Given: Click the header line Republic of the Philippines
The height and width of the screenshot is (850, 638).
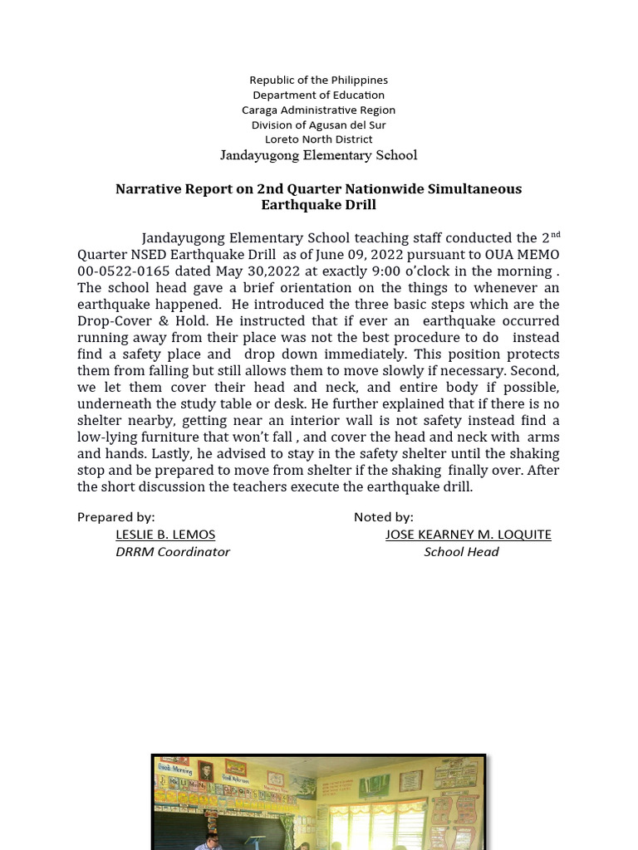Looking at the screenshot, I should [x=318, y=81].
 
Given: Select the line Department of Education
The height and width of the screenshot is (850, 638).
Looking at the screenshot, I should [x=318, y=95].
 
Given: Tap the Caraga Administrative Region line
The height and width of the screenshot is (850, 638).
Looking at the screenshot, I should [x=318, y=110].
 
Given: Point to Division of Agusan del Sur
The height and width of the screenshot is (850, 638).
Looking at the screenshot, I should [x=318, y=125].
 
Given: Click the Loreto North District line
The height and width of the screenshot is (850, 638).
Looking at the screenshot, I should [x=318, y=139].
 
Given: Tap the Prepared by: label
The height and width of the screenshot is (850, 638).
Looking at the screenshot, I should [x=115, y=517].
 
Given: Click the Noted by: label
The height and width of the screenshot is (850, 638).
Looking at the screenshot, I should [x=383, y=517].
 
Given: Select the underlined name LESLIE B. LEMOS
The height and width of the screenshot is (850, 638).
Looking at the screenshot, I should [x=165, y=535].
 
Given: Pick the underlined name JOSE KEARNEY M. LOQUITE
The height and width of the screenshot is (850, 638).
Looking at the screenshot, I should [x=468, y=535].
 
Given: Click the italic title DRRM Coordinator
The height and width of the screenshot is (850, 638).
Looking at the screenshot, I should [x=173, y=552].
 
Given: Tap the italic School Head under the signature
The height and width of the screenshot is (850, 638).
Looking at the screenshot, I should [x=461, y=552].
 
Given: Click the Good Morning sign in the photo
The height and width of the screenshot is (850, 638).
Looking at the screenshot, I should [x=174, y=768].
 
